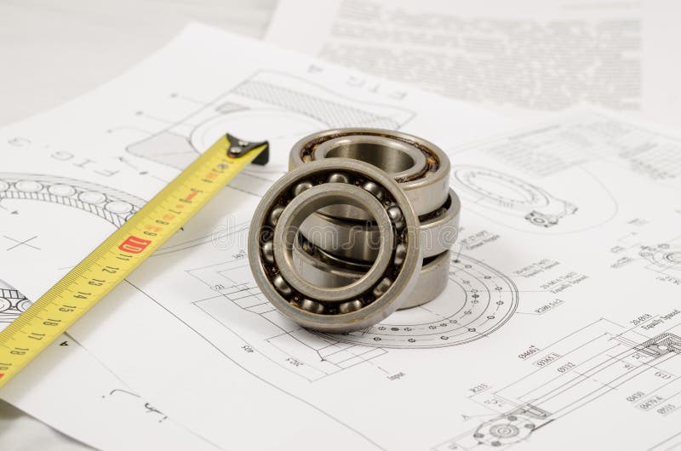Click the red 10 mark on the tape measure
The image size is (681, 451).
click(134, 244)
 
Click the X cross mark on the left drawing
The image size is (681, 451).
click(21, 243)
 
